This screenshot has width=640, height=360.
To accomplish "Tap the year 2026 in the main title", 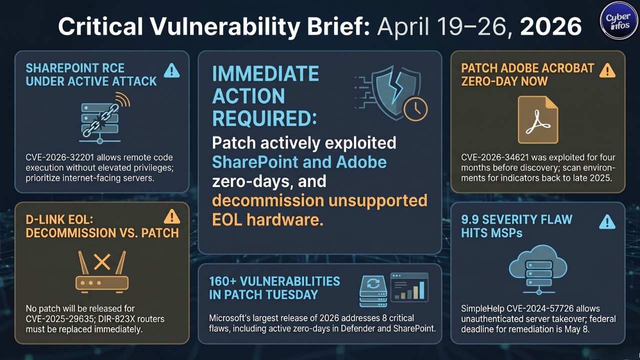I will tap(550, 26).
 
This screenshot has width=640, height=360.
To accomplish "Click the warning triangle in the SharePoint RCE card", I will tap(171, 71).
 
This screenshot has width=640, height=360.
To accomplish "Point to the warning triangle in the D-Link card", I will tap(171, 217).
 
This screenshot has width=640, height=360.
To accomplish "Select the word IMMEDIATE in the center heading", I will tap(265, 74).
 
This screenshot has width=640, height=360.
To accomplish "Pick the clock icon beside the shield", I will tap(415, 108).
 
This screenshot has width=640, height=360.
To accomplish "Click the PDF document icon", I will tap(537, 120).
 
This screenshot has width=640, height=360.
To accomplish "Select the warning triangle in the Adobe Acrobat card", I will tap(607, 70).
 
